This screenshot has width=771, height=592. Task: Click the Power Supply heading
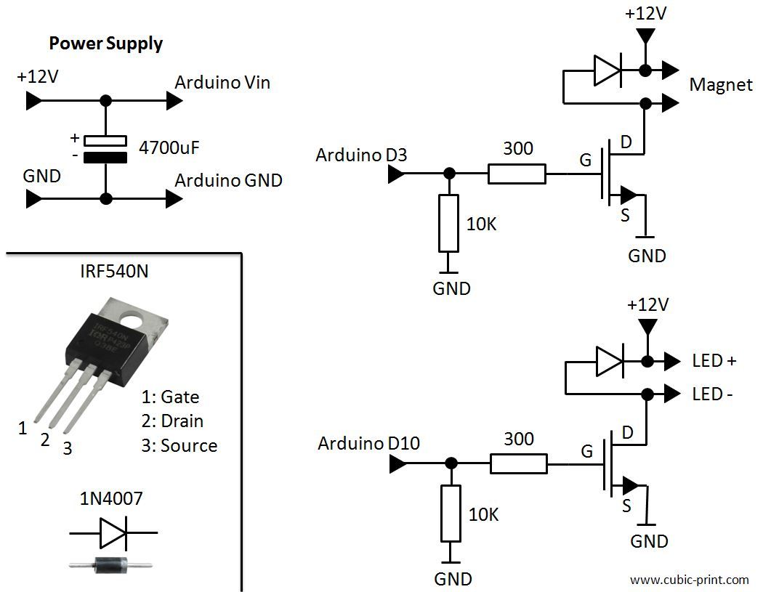[x=105, y=44]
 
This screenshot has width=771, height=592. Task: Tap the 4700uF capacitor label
[x=169, y=149]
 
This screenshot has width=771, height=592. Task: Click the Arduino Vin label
[x=222, y=83]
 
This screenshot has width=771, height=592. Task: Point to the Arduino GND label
[x=228, y=180]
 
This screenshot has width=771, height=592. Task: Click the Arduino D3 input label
[x=361, y=155]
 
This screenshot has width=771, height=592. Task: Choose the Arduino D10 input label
[x=368, y=443]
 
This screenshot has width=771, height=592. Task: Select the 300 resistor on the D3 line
[x=516, y=174]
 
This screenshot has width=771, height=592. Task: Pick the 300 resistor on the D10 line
[x=518, y=463]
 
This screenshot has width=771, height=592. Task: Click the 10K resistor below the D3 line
[x=450, y=222]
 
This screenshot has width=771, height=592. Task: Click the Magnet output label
[x=721, y=85]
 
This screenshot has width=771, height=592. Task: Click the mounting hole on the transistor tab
[x=132, y=318]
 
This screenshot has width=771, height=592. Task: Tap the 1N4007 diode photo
[x=110, y=564]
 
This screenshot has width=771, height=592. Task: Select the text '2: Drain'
[x=172, y=421]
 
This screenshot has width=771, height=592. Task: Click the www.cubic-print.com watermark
[x=689, y=580]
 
